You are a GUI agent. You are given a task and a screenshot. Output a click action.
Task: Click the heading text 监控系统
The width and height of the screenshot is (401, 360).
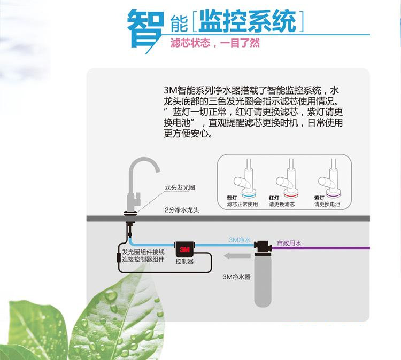248,22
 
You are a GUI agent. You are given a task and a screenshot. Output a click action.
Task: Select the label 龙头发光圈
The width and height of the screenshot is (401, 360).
180,188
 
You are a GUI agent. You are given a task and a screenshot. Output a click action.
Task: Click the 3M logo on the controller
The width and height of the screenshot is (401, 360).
185,249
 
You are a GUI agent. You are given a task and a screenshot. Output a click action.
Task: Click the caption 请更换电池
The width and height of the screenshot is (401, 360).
327,204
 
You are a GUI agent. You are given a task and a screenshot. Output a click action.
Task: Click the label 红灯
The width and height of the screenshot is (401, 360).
274,198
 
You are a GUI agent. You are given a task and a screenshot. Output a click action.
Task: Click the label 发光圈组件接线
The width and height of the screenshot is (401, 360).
143,252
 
